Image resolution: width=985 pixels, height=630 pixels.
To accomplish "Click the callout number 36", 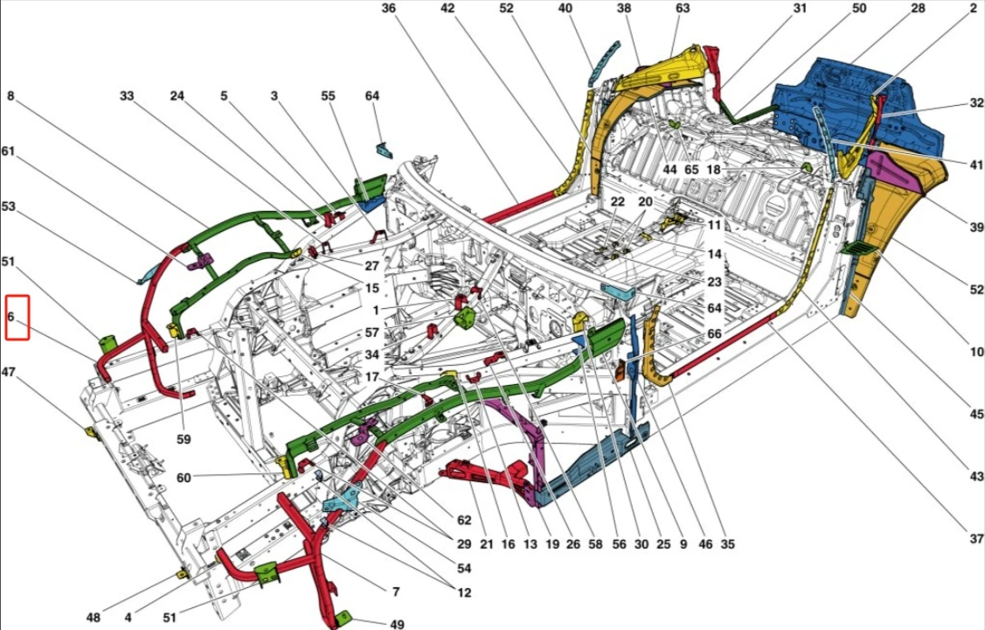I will [389, 9].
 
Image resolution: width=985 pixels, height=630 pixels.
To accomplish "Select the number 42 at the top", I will [448, 9].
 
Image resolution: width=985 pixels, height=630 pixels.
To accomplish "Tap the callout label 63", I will [683, 9].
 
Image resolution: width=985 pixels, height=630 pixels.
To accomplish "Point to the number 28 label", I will [918, 9].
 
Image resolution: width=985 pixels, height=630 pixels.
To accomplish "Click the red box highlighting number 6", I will [17, 317].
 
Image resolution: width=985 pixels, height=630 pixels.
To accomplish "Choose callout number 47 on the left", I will [10, 373].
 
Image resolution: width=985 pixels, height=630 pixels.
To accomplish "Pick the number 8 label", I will [10, 96].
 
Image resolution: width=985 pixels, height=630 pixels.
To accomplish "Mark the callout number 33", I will [127, 96].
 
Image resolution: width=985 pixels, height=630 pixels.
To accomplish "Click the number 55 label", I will [328, 96].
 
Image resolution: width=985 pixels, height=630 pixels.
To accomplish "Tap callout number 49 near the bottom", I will [397, 624].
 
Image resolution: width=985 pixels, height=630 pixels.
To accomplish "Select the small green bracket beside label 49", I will [343, 619].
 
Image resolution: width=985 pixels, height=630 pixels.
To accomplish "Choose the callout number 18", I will [714, 170].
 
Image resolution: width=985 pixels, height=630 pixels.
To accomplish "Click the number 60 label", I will [184, 478].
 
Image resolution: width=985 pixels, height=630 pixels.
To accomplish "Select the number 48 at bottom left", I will [94, 618].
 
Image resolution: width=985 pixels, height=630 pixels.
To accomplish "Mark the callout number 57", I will [372, 332].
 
